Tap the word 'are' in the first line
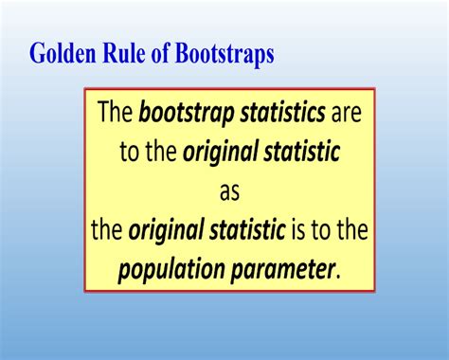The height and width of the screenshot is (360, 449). tap(347, 116)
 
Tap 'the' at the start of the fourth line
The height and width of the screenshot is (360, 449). tap(107, 230)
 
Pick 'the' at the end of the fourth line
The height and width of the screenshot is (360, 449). tap(351, 230)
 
